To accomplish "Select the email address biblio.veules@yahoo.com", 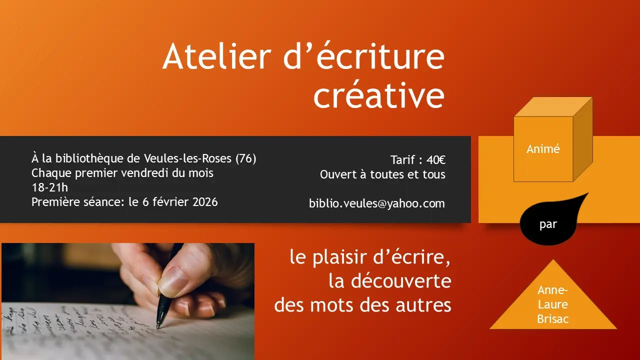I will click(x=377, y=203).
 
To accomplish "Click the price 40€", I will click(x=436, y=160).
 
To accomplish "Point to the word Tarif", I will click(x=403, y=160).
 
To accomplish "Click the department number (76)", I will click(x=246, y=159).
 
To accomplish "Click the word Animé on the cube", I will click(x=543, y=149).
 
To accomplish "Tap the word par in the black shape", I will click(x=548, y=224).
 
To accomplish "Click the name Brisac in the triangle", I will click(x=553, y=319).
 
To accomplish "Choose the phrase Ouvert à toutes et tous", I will click(x=382, y=174).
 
